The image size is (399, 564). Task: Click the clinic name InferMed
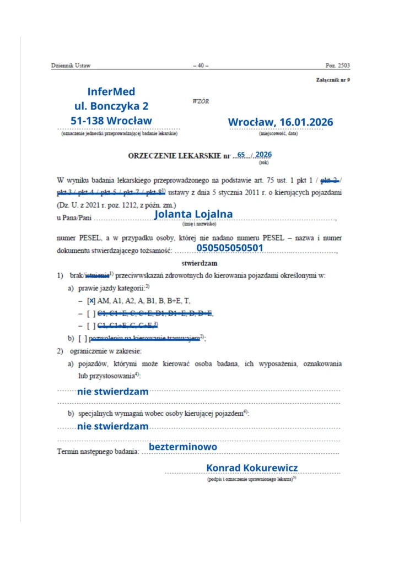click(x=111, y=91)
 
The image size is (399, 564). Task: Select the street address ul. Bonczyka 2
click(x=111, y=106)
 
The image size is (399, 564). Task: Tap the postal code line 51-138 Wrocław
click(x=111, y=120)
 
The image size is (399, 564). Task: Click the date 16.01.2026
click(x=306, y=122)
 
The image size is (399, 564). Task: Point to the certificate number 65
click(x=241, y=155)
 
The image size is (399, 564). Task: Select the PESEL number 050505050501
click(x=230, y=248)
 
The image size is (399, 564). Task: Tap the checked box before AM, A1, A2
click(x=91, y=301)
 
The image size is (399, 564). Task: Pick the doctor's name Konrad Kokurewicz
click(x=252, y=468)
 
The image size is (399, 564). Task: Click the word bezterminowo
click(x=183, y=447)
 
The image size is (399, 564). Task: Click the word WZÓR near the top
click(x=201, y=101)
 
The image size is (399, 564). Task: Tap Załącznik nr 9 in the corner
click(x=332, y=80)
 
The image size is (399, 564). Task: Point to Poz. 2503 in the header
click(x=337, y=66)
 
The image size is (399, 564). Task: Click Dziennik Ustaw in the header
click(x=70, y=66)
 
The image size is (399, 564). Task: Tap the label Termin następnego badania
click(x=97, y=452)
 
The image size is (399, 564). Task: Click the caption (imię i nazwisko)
click(x=199, y=224)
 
